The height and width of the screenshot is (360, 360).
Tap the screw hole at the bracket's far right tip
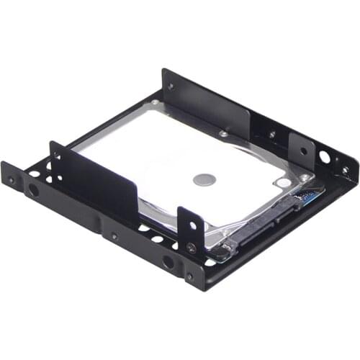pos(345,171)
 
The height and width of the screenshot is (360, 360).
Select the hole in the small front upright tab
pos(192,225)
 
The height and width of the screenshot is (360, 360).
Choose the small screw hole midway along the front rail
pos(114,235)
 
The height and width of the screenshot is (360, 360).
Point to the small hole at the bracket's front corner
pos(189,275)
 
